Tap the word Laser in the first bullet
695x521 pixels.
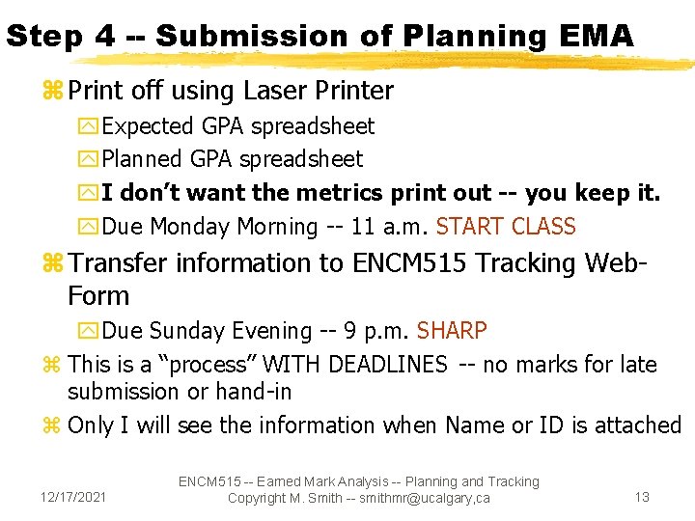pyautogui.click(x=275, y=92)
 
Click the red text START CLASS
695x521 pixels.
pyautogui.click(x=506, y=227)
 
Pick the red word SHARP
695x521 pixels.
pyautogui.click(x=452, y=331)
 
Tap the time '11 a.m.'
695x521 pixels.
pyautogui.click(x=381, y=227)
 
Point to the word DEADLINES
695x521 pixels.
pyautogui.click(x=388, y=365)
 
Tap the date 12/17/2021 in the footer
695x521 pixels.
pyautogui.click(x=74, y=497)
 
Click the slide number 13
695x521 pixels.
pyautogui.click(x=642, y=497)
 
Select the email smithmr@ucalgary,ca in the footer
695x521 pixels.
pyautogui.click(x=423, y=498)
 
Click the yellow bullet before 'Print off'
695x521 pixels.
pyautogui.click(x=52, y=92)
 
